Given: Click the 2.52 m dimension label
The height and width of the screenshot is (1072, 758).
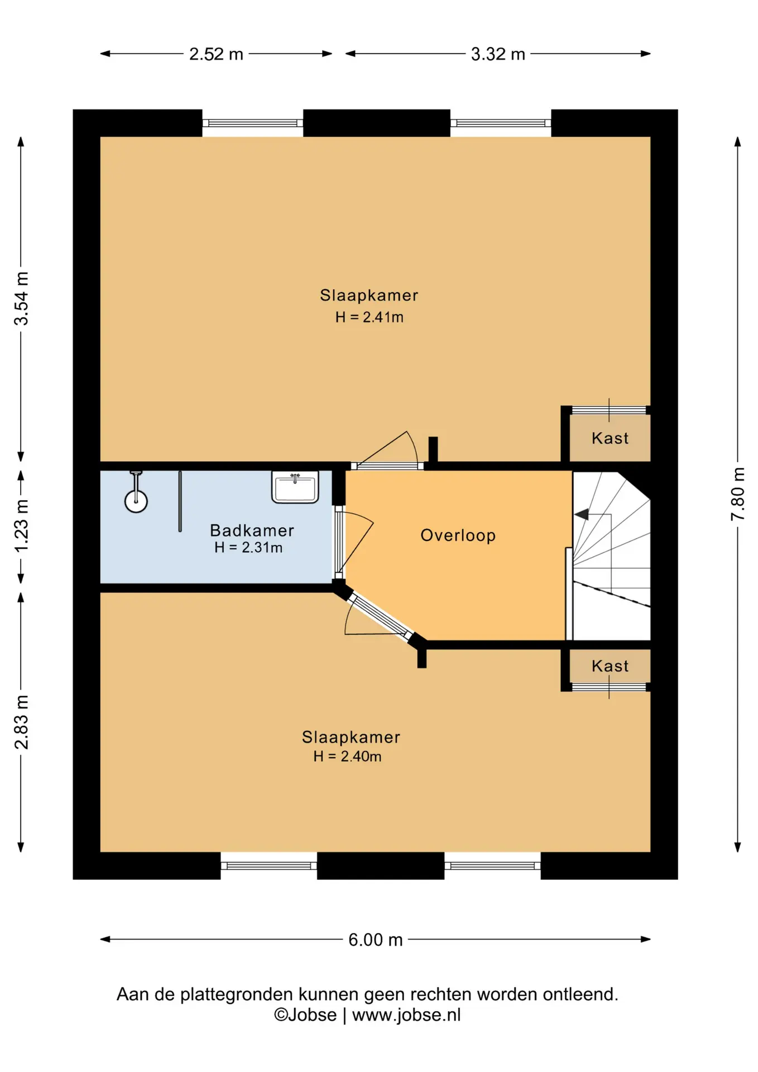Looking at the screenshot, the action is click(216, 54).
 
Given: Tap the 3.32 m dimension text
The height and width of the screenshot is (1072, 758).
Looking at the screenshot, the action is click(498, 54).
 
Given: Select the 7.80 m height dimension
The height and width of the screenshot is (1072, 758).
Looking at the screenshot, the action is click(738, 494).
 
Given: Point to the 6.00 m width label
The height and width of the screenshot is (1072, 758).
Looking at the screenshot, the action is click(376, 940).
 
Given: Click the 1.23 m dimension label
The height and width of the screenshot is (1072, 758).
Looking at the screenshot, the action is click(21, 527).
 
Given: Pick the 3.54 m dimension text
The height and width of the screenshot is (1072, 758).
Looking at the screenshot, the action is click(21, 298).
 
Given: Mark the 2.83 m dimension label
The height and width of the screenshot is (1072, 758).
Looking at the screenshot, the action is click(21, 722).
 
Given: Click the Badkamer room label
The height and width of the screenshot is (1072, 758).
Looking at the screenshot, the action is click(252, 530).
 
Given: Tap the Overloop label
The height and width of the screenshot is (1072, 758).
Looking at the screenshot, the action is click(458, 535).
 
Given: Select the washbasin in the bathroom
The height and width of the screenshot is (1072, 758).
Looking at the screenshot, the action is click(295, 487).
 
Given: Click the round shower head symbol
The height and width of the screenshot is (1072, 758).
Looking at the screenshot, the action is click(136, 501).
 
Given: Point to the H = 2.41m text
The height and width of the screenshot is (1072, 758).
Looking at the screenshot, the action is click(369, 317).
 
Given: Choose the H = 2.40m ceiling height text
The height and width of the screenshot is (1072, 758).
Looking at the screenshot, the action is click(347, 757).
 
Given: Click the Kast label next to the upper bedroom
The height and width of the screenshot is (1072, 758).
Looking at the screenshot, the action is click(610, 438).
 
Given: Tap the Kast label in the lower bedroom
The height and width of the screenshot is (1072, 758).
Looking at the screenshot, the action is click(610, 666).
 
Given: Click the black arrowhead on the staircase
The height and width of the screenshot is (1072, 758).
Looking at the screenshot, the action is click(582, 514).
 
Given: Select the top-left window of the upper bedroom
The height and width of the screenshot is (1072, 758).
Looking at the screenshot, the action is click(252, 123).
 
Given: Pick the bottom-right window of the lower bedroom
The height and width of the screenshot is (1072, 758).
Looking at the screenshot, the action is click(492, 866).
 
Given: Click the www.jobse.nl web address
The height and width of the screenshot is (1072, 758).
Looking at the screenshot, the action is click(406, 1015).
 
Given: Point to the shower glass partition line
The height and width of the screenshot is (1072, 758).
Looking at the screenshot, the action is click(180, 501).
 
